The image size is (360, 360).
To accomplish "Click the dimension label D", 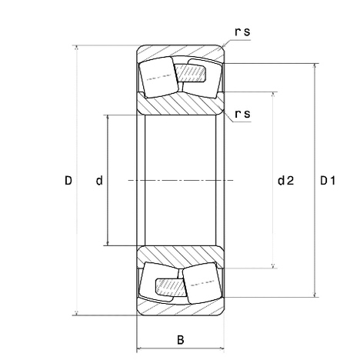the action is tap(68, 181).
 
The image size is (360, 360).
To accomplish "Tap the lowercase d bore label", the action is tap(99, 181).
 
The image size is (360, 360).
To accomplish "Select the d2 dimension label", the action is tap(286, 181).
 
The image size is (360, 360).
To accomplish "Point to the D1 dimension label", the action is tap(328, 181).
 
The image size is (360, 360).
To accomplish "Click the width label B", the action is tap(181, 340).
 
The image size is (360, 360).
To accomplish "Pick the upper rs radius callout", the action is tap(242, 32).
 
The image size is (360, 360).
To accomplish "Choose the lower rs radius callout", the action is tap(242, 114).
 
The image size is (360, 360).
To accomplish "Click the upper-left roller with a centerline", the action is tap(158, 77).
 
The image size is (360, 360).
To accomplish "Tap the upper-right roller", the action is tap(202, 78).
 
